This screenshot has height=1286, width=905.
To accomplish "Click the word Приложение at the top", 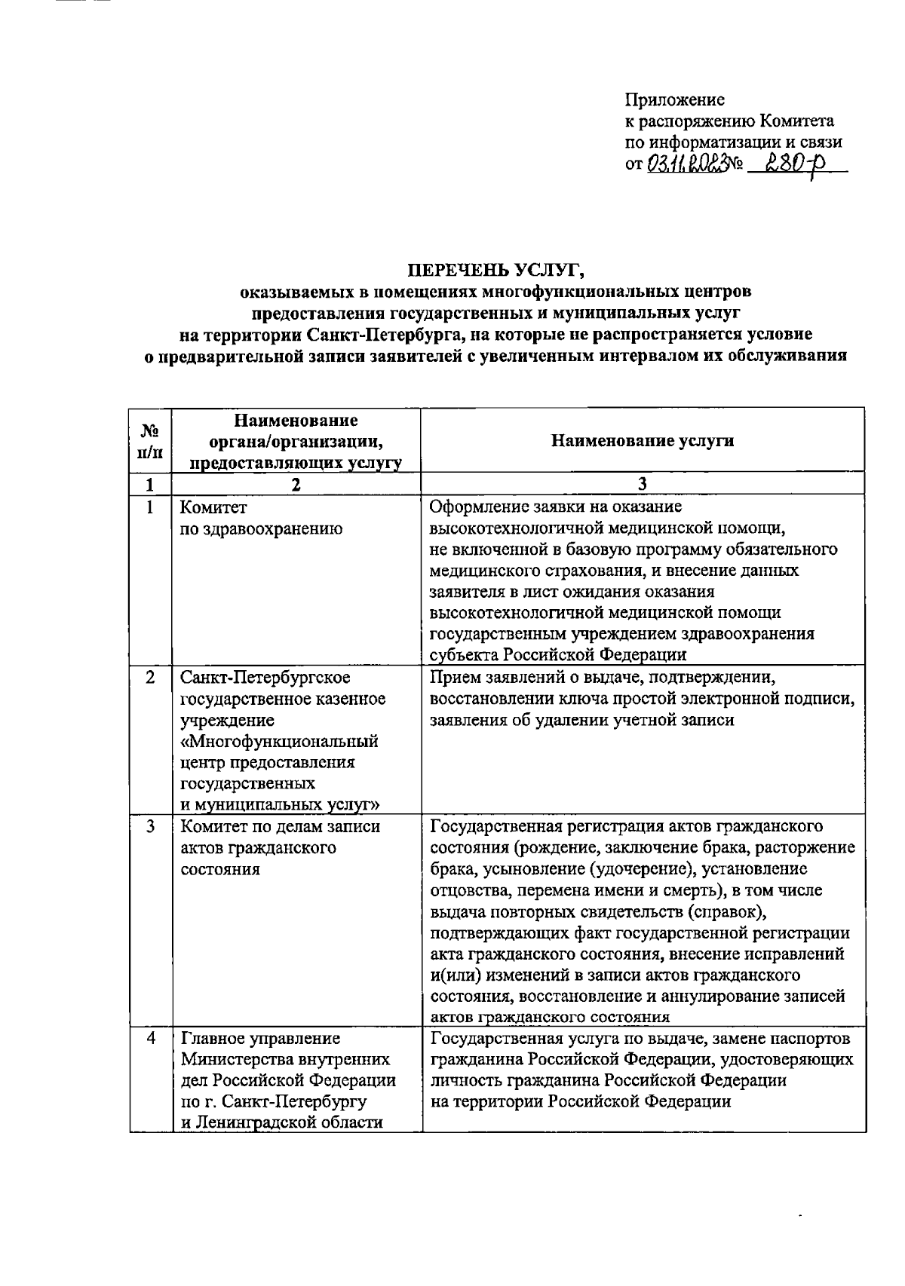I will (x=674, y=100).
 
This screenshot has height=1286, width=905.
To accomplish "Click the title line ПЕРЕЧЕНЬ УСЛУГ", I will (x=496, y=269).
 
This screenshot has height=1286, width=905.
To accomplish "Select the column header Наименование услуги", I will (x=643, y=441).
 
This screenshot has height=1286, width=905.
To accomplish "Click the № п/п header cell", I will (x=151, y=441).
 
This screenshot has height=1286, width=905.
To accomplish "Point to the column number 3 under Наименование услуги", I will (x=643, y=485).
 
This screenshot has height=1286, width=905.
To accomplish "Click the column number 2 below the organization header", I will (x=296, y=485).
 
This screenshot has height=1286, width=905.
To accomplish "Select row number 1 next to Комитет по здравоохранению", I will (x=151, y=507).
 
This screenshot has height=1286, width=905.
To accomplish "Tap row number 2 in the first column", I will (x=151, y=678).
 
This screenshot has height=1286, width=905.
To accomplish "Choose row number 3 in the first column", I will (x=151, y=826).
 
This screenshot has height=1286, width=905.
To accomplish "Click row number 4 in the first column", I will (x=151, y=1038).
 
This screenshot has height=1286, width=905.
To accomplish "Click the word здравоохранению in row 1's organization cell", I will (x=261, y=529).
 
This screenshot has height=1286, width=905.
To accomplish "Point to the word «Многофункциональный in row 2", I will (x=279, y=741).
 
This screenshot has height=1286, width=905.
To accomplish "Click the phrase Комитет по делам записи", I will (x=280, y=826).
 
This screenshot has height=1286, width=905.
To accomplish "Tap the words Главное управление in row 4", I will (x=260, y=1038).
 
